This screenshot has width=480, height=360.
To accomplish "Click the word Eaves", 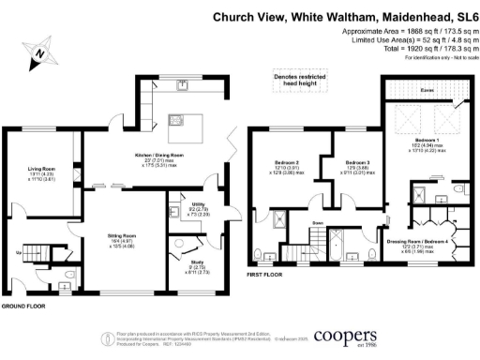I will pyautogui.click(x=425, y=90).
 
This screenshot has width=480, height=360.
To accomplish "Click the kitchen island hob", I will pyautogui.click(x=174, y=119).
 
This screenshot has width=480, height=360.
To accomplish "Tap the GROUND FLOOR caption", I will pyautogui.click(x=23, y=307).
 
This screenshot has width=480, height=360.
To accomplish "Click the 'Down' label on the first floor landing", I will pyautogui.click(x=319, y=223).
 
